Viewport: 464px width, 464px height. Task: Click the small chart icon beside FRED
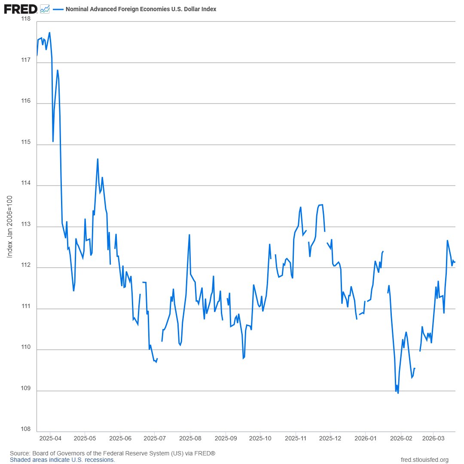pyautogui.click(x=45, y=9)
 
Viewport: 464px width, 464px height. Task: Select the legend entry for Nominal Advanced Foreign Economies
pyautogui.click(x=140, y=9)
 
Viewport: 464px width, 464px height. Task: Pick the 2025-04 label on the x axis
pyautogui.click(x=50, y=439)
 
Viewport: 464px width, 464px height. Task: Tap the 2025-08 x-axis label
pyautogui.click(x=190, y=439)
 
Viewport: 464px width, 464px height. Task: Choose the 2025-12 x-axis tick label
pyautogui.click(x=330, y=439)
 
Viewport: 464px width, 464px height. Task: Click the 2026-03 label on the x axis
pyautogui.click(x=433, y=439)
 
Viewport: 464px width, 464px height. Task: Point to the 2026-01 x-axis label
pyautogui.click(x=365, y=439)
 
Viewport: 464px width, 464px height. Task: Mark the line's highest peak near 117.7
pyautogui.click(x=50, y=33)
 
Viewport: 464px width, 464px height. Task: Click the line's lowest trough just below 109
pyautogui.click(x=398, y=393)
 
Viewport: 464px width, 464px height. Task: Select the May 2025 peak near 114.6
pyautogui.click(x=98, y=159)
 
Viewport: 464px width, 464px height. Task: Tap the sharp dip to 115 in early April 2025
pyautogui.click(x=53, y=141)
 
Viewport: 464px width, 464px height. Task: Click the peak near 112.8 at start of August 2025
pyautogui.click(x=189, y=235)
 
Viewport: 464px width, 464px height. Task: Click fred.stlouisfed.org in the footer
pyautogui.click(x=424, y=460)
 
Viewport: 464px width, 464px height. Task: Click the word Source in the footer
pyautogui.click(x=18, y=453)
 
